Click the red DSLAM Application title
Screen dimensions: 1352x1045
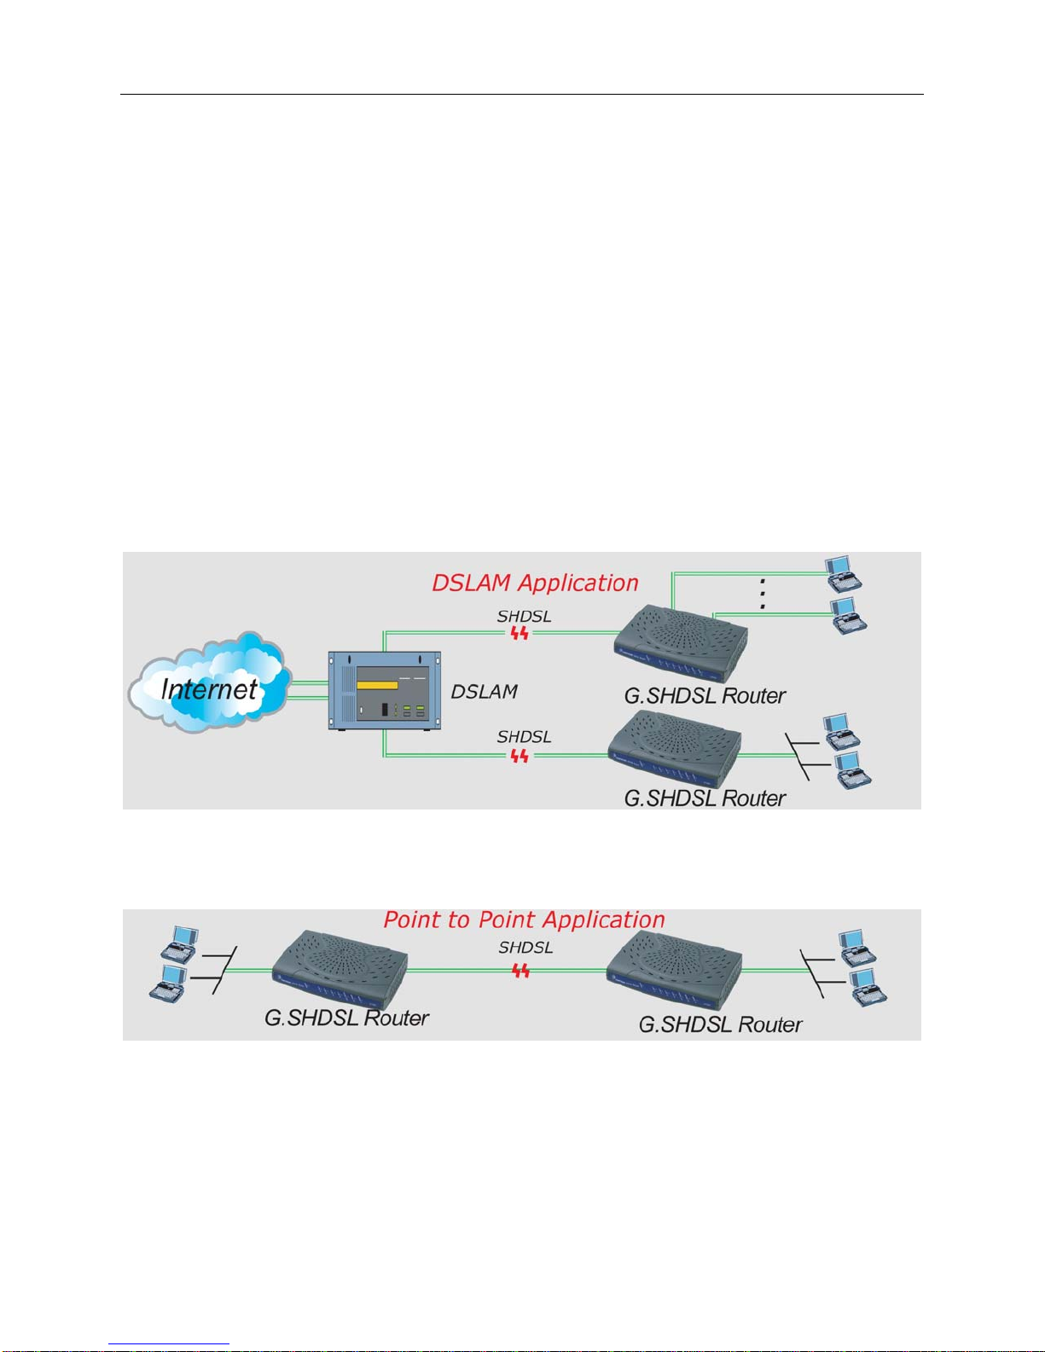click(x=535, y=583)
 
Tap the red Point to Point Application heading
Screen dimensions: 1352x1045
click(x=524, y=920)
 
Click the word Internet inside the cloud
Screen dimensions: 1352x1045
click(x=209, y=689)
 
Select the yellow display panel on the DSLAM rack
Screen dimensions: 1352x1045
click(x=377, y=686)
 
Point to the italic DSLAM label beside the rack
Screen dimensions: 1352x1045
click(x=484, y=692)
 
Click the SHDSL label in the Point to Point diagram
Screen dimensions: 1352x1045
click(x=525, y=947)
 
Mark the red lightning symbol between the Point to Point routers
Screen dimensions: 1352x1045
click(x=520, y=970)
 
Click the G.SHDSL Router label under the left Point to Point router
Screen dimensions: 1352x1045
click(x=346, y=1018)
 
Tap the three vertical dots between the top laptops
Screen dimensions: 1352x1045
click(x=763, y=593)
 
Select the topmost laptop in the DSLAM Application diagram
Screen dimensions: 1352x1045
click(x=843, y=573)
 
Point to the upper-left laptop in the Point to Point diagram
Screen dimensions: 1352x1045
click(x=181, y=943)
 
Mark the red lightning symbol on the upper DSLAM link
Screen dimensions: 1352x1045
click(x=520, y=633)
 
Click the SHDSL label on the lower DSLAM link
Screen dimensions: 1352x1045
click(x=524, y=736)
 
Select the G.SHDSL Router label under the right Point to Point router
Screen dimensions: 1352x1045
click(x=720, y=1024)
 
